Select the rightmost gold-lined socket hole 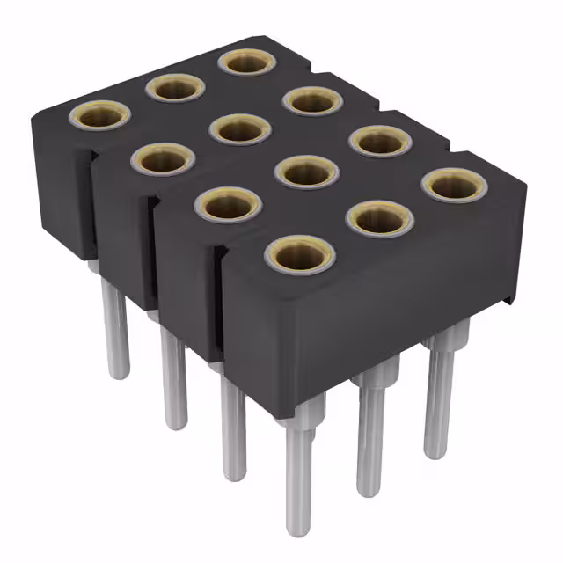(x=454, y=185)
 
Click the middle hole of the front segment (x=379, y=220)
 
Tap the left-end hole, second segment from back (x=163, y=158)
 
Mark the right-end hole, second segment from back (x=312, y=102)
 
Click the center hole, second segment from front (x=305, y=172)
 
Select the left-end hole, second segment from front (x=227, y=205)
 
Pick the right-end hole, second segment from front (x=381, y=141)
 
